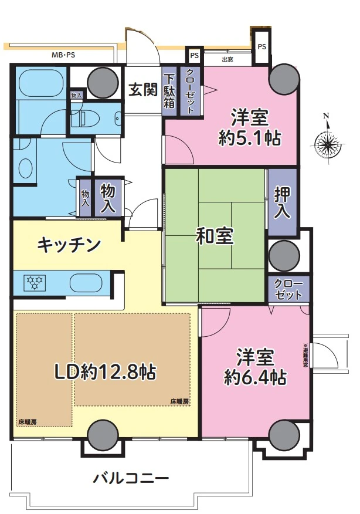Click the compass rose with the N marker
(328, 141)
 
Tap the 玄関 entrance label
(142, 89)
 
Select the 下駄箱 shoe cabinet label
(169, 91)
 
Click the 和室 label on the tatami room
(215, 236)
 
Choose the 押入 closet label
(283, 203)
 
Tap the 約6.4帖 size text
(256, 376)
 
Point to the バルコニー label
(131, 477)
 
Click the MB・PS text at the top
(63, 56)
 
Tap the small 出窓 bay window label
(228, 59)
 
